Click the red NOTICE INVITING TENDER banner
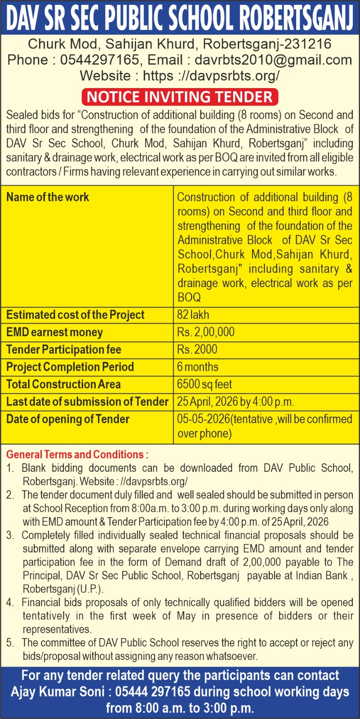pyautogui.click(x=180, y=97)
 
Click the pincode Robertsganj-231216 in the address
pyautogui.click(x=267, y=44)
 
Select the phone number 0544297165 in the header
pyautogui.click(x=99, y=60)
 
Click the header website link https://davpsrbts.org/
pyautogui.click(x=211, y=75)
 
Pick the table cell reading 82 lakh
pyautogui.click(x=193, y=315)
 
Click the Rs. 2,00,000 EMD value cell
pyautogui.click(x=206, y=332)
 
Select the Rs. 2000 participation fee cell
pyautogui.click(x=197, y=349)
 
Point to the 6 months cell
pyautogui.click(x=198, y=367)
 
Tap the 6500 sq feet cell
pyautogui.click(x=204, y=384)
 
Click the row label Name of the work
pyautogui.click(x=48, y=197)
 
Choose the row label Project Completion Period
pyautogui.click(x=70, y=367)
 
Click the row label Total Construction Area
pyautogui.click(x=63, y=384)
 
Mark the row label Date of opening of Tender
pyautogui.click(x=68, y=419)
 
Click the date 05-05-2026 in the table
pyautogui.click(x=203, y=419)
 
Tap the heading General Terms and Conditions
pyautogui.click(x=77, y=454)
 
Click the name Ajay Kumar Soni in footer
pyautogui.click(x=58, y=692)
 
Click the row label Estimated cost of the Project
pyautogui.click(x=76, y=315)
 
